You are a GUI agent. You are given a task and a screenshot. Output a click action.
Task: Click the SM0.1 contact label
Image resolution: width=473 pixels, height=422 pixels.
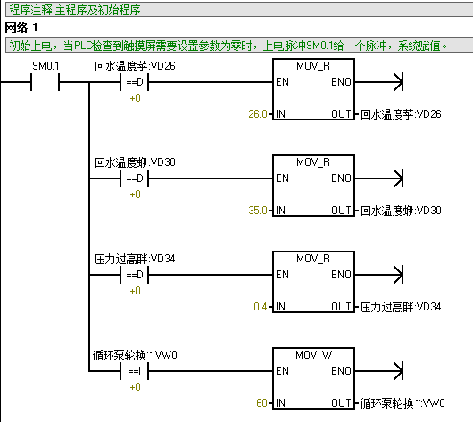pyautogui.click(x=46, y=66)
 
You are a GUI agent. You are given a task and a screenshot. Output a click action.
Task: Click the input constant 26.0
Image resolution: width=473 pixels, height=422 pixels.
pyautogui.click(x=258, y=114)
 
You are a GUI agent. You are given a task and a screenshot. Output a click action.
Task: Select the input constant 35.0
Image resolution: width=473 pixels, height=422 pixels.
pyautogui.click(x=258, y=211)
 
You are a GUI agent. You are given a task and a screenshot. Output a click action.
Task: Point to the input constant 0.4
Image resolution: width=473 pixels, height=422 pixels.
pyautogui.click(x=261, y=307)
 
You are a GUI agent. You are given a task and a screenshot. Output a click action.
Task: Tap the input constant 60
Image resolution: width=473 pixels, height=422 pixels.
pyautogui.click(x=261, y=403)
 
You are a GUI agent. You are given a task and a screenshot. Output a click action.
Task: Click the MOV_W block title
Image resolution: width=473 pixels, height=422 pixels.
pyautogui.click(x=314, y=355)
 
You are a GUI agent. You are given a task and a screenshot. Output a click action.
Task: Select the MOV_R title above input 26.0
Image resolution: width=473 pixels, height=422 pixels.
pyautogui.click(x=313, y=66)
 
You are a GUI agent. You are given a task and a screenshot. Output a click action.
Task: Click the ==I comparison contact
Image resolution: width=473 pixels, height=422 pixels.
pyautogui.click(x=135, y=371)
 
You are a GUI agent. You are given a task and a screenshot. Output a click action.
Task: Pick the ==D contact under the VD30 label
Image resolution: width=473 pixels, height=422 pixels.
pyautogui.click(x=135, y=178)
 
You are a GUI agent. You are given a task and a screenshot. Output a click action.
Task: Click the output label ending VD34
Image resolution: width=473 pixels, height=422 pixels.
pyautogui.click(x=401, y=307)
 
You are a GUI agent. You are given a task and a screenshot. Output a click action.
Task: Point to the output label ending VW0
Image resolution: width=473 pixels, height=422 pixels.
pyautogui.click(x=402, y=403)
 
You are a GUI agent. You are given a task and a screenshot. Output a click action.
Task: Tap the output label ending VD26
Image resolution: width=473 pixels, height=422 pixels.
pyautogui.click(x=401, y=114)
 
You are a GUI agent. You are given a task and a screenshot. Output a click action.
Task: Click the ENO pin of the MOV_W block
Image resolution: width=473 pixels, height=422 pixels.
pyautogui.click(x=341, y=371)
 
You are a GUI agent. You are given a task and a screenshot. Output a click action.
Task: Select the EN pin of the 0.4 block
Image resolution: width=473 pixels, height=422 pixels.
pyautogui.click(x=282, y=275)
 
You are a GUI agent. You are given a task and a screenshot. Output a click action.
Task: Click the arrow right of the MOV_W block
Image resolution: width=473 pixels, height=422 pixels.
pyautogui.click(x=379, y=371)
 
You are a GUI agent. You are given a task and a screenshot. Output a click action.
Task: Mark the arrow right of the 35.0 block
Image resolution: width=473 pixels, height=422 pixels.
pyautogui.click(x=379, y=178)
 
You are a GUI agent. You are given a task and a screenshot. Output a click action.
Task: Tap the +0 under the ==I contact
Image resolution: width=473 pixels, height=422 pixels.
pyautogui.click(x=135, y=386)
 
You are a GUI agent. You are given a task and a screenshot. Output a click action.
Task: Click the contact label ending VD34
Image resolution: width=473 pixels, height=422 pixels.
pyautogui.click(x=135, y=259)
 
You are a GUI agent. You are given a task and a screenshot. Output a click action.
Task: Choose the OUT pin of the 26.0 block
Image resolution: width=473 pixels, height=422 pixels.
pyautogui.click(x=341, y=114)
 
